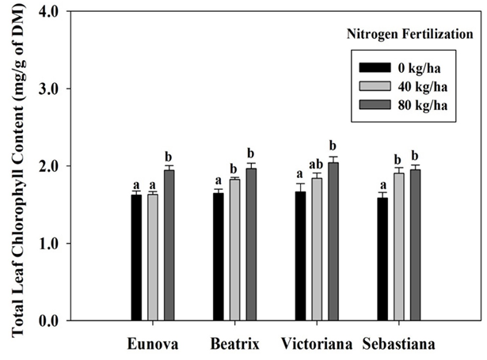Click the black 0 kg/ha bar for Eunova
coord(136,257)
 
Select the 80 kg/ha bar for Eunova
coord(169,245)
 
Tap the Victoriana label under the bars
coord(316,345)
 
